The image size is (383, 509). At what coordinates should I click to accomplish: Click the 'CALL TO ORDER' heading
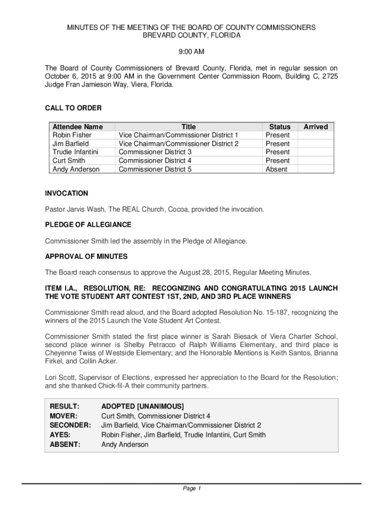(73, 108)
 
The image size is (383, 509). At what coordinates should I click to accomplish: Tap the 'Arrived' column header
(315, 127)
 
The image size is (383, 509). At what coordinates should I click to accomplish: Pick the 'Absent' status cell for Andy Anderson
(277, 169)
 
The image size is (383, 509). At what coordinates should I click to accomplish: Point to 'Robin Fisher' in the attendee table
(72, 135)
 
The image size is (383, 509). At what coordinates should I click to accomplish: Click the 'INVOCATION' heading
(67, 193)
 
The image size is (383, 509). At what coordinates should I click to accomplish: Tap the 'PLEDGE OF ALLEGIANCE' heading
(88, 225)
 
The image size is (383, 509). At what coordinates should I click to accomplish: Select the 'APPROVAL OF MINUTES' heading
(86, 256)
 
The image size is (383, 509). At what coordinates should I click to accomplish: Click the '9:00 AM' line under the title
(191, 52)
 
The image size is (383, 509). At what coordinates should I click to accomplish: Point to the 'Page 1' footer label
(191, 489)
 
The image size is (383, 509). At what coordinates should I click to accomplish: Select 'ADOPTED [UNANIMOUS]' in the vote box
(142, 406)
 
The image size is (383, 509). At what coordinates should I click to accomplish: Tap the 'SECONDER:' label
(71, 425)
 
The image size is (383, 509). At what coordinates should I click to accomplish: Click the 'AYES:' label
(60, 435)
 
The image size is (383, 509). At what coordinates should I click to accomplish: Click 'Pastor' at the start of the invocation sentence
(56, 209)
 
